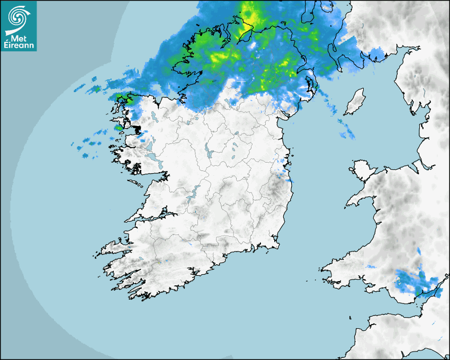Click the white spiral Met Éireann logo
point(17,16)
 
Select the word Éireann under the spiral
point(20,45)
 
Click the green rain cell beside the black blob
point(119,127)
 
